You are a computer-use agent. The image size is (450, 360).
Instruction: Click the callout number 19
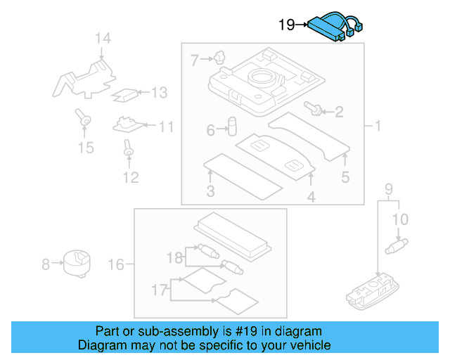click(286, 25)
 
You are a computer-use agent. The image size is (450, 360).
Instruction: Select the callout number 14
click(103, 39)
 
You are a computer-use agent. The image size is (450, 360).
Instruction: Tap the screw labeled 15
click(84, 120)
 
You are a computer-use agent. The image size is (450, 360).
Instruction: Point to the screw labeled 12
click(129, 148)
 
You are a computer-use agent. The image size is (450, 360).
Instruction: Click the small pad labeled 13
click(124, 94)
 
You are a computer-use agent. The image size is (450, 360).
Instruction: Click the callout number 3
click(210, 192)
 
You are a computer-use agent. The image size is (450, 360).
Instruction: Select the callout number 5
click(345, 177)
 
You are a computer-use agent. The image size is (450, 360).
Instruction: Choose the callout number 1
click(377, 127)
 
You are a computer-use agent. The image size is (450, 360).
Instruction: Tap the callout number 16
click(117, 264)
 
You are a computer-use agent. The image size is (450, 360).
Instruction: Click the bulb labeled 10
click(399, 246)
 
